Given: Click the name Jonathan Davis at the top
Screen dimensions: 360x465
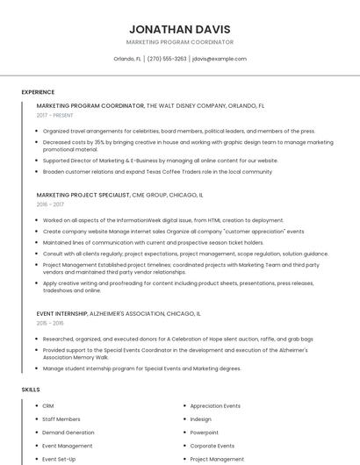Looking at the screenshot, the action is click(180, 28).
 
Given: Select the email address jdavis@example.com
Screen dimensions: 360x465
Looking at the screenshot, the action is click(219, 59).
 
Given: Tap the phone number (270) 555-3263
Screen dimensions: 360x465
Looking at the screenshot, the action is click(167, 59).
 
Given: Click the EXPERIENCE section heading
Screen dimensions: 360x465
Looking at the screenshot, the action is click(38, 92).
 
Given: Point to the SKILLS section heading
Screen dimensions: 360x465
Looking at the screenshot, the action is click(31, 390).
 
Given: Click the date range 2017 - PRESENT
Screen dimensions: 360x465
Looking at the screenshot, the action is click(55, 115).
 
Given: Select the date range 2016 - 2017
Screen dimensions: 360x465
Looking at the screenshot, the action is click(50, 204).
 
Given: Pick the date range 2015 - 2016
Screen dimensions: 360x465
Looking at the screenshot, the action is click(50, 323).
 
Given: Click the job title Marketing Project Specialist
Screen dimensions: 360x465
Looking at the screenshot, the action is click(83, 195).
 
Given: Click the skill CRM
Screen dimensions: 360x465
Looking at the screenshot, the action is click(48, 406).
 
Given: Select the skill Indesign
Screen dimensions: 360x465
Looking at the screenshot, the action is click(201, 419).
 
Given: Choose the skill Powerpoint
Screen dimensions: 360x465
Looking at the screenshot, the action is click(205, 433).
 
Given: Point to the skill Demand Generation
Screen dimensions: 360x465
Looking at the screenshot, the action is click(68, 433).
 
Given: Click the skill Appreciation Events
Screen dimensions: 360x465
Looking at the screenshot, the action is click(215, 406).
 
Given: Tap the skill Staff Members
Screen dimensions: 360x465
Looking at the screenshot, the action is click(61, 419).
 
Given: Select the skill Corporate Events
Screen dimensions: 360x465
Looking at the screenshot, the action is click(212, 446).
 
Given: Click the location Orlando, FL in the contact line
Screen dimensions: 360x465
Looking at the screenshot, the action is click(127, 59).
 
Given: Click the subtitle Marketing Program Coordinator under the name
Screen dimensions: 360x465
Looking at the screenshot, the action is click(180, 42).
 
